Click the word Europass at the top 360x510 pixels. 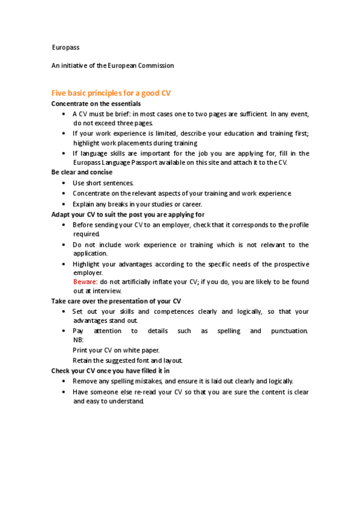66,47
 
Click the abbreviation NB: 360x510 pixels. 79,340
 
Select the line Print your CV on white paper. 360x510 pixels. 117,350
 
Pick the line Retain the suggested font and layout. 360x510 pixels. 127,360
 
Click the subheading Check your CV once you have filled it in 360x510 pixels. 111,370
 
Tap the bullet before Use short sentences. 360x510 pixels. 64,183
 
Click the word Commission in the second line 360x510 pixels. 154,66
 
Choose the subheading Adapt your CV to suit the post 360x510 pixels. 128,214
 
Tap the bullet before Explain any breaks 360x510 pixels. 64,204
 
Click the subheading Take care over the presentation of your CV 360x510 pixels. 117,301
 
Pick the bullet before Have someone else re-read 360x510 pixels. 64,392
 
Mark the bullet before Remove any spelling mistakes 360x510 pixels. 64,381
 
